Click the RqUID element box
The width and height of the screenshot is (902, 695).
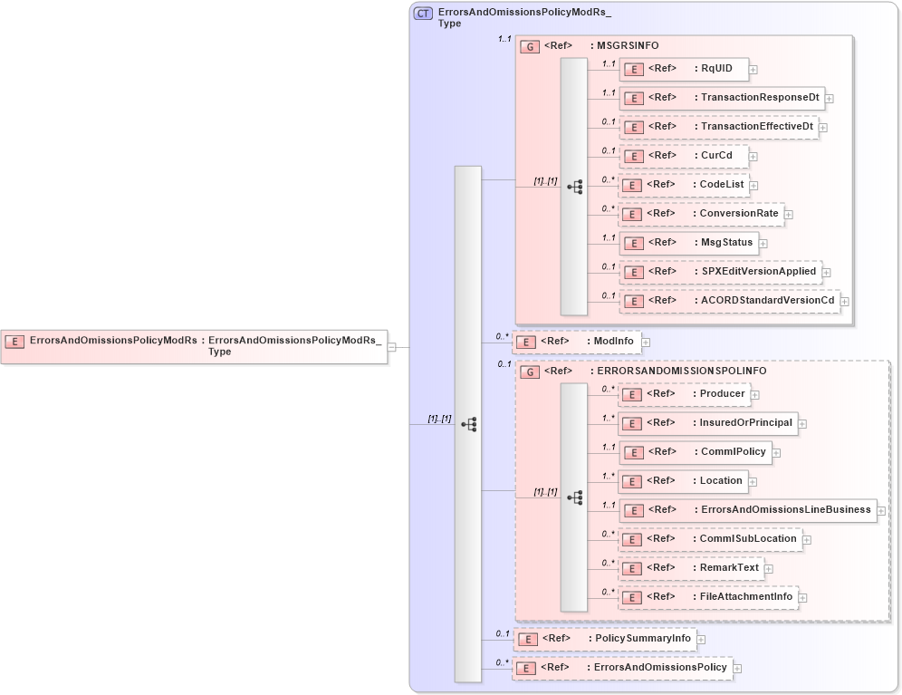(x=685, y=69)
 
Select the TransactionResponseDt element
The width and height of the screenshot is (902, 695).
(x=721, y=98)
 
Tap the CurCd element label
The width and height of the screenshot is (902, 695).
(x=715, y=156)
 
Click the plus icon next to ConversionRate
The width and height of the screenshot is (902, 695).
(x=789, y=215)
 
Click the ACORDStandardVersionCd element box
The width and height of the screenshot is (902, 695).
(x=729, y=301)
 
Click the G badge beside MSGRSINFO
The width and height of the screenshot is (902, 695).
(x=531, y=46)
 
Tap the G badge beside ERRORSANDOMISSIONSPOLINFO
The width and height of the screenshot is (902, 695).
(x=531, y=372)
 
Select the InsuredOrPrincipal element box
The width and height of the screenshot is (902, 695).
(x=707, y=423)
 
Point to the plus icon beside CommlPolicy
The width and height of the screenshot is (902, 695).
(x=777, y=453)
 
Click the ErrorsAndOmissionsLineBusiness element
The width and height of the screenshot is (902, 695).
(x=747, y=510)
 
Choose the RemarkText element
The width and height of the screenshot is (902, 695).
(x=691, y=568)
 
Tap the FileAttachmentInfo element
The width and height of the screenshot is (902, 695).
(x=708, y=597)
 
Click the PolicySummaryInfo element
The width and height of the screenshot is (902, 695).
(x=605, y=639)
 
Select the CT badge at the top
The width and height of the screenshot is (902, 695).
(x=423, y=14)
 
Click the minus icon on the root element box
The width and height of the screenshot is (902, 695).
(x=391, y=347)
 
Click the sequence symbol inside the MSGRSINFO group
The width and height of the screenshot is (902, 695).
(x=574, y=187)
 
